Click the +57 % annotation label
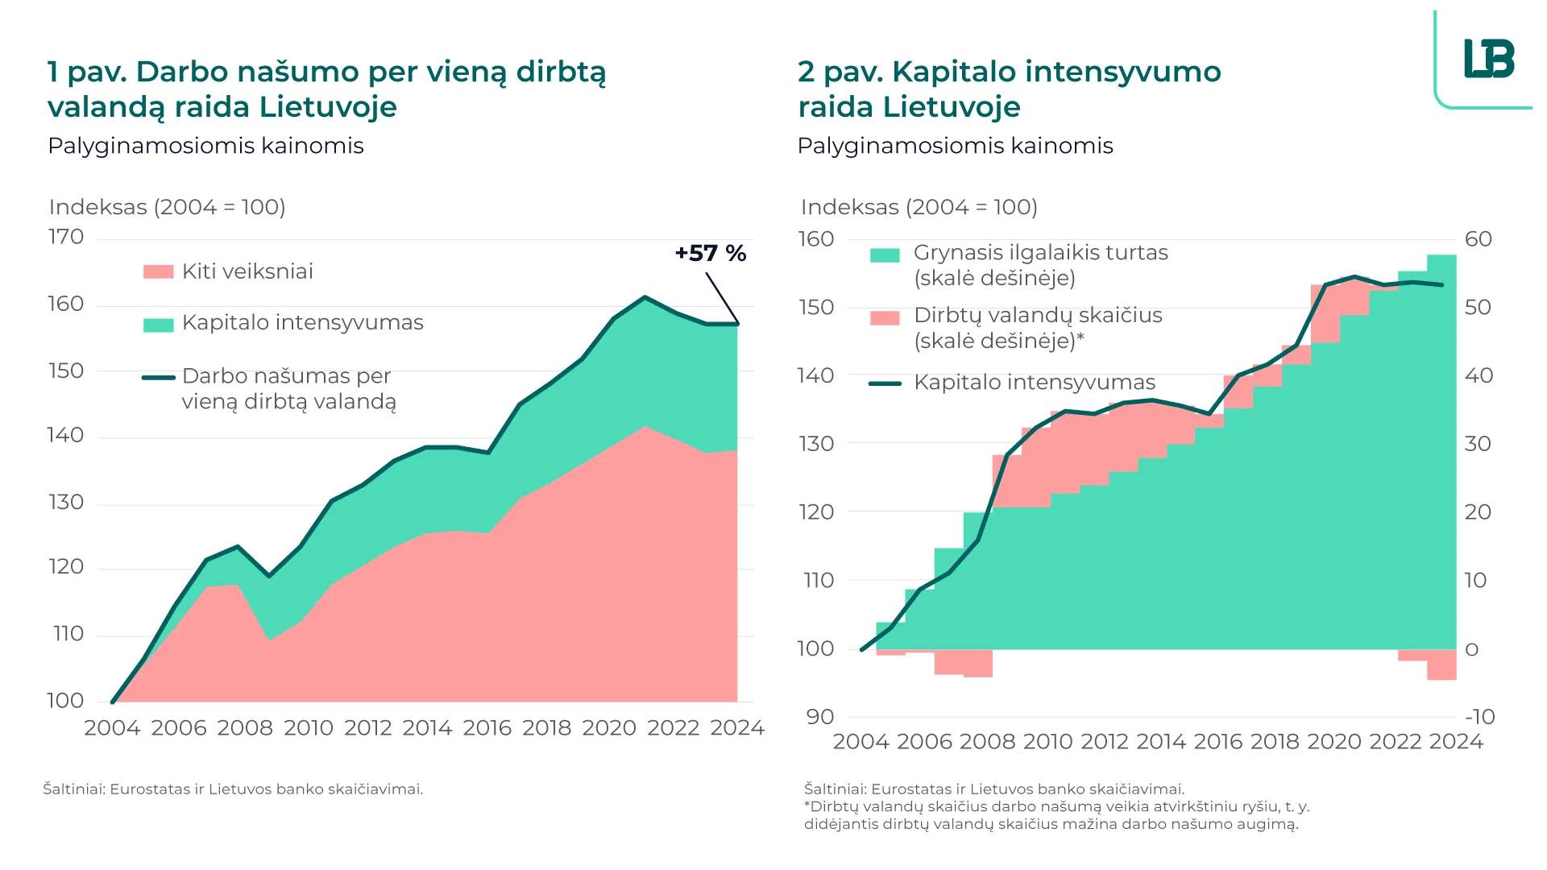(710, 253)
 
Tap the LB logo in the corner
(1489, 59)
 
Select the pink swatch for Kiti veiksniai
(158, 272)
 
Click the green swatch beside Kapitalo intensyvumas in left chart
(158, 325)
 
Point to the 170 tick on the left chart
(66, 237)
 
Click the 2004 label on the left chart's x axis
(112, 728)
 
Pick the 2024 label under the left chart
(736, 728)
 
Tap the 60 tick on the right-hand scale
(1479, 239)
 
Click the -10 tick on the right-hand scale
(1479, 717)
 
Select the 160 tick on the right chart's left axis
(815, 239)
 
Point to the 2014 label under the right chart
(1161, 742)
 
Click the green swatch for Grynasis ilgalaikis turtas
(885, 255)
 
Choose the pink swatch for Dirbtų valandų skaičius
(885, 318)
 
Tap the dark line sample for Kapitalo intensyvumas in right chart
(885, 383)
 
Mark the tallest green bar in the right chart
(1441, 451)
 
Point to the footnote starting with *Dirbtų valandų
(1056, 815)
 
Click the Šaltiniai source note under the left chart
(233, 789)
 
